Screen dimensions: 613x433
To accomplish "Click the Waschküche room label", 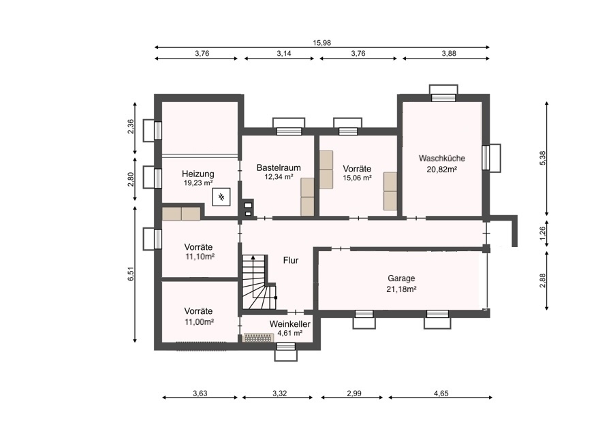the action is [x=442, y=158].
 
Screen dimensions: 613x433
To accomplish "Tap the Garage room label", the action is [x=401, y=278].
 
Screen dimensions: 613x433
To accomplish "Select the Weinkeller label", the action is [x=289, y=324].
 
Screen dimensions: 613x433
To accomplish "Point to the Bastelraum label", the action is [x=279, y=167].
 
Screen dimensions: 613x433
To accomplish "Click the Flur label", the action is [x=291, y=260].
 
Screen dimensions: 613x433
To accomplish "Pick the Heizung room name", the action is [x=198, y=174].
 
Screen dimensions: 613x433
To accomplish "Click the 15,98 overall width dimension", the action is [x=321, y=43].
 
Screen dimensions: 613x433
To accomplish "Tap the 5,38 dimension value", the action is [x=542, y=158].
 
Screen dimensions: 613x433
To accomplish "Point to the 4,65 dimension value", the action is [x=441, y=394].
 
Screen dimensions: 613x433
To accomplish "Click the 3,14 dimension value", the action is [x=284, y=54].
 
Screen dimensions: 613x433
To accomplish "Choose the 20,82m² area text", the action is [x=442, y=170].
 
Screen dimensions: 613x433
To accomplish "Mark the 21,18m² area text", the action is [x=401, y=289].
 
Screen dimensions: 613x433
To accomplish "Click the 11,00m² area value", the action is [x=199, y=322].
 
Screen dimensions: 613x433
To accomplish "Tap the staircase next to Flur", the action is [x=260, y=282].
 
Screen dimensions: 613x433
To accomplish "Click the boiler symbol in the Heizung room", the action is [x=221, y=197].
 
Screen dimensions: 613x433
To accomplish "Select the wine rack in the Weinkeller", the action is [x=258, y=338].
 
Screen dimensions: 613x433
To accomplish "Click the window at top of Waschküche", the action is [x=443, y=93].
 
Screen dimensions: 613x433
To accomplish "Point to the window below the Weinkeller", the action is [x=285, y=351].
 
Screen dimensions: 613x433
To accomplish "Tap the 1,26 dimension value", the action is [x=542, y=234].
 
